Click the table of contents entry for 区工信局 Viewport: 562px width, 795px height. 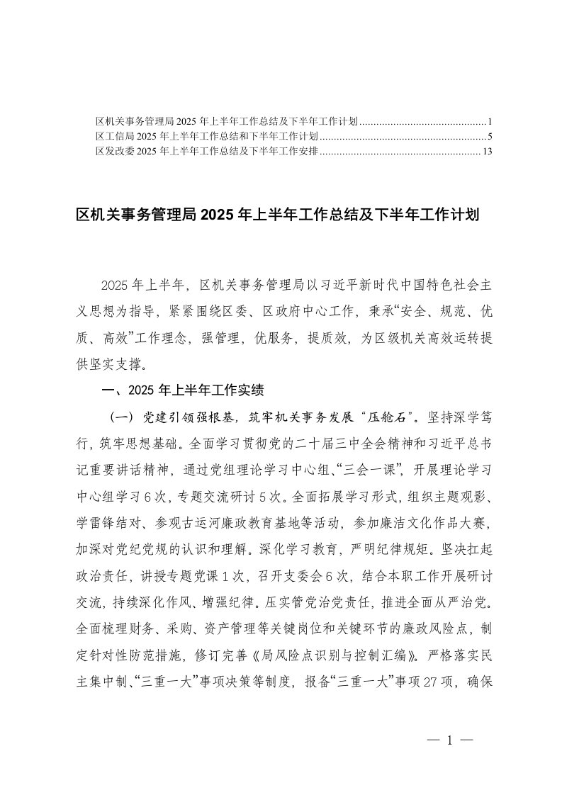206,135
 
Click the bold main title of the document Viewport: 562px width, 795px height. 279,214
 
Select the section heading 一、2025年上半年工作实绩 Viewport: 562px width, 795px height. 184,389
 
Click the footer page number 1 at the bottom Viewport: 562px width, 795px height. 450,741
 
